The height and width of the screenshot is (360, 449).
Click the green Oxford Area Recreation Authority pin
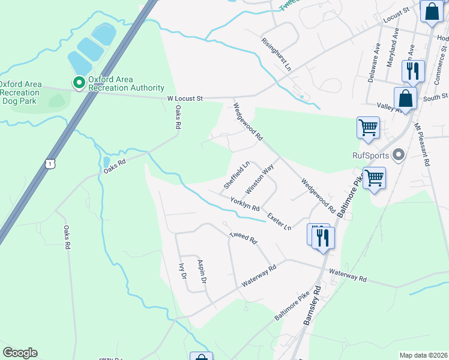click(x=79, y=83)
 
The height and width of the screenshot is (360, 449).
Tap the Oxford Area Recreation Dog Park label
click(x=21, y=92)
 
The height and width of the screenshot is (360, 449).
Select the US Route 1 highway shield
click(x=52, y=163)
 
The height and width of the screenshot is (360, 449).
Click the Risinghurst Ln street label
click(x=276, y=53)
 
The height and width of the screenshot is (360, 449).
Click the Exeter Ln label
click(x=279, y=220)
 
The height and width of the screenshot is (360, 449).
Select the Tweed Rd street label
click(x=243, y=238)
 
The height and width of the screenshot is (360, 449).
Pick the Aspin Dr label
click(x=202, y=272)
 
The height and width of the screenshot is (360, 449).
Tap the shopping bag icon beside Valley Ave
click(x=405, y=98)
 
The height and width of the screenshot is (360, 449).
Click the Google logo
click(x=20, y=353)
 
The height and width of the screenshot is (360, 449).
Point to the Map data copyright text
click(x=423, y=355)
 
